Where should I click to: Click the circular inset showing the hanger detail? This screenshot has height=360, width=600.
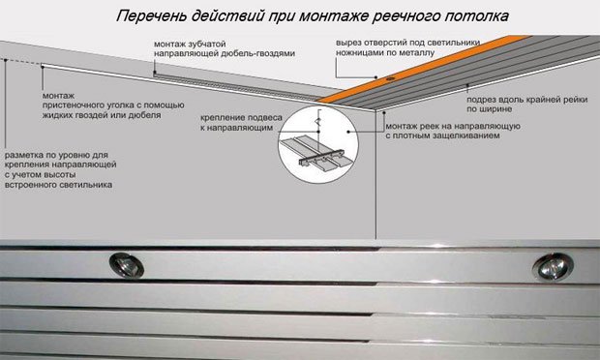point(315,145)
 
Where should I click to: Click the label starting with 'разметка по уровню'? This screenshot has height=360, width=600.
point(58,168)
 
